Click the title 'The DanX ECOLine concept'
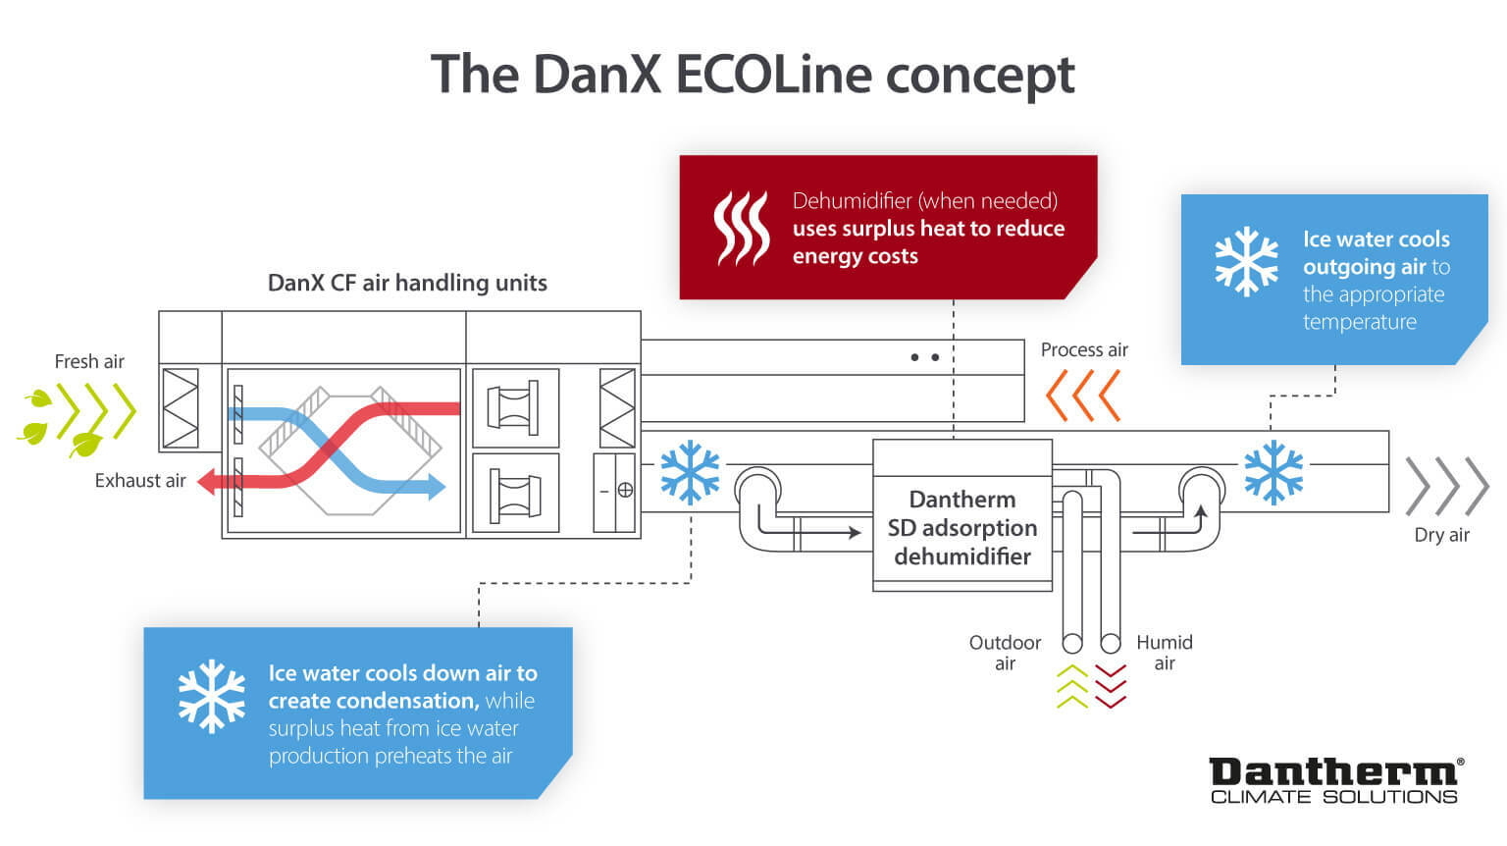tap(753, 75)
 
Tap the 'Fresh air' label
tap(89, 361)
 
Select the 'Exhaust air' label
tap(140, 481)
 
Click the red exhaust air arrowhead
tap(207, 482)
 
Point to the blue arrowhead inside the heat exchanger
tap(436, 485)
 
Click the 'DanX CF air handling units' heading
tap(407, 284)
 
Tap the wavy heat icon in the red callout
tap(741, 228)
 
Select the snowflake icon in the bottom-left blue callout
tap(211, 696)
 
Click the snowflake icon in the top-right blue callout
tap(1246, 262)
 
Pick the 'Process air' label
tap(1084, 350)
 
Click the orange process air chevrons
tap(1083, 396)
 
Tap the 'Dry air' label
tap(1441, 535)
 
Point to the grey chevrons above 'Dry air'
tap(1447, 486)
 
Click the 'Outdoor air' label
tap(1005, 653)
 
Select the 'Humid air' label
tap(1165, 653)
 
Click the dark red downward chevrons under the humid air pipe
tap(1111, 686)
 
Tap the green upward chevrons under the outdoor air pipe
tap(1072, 686)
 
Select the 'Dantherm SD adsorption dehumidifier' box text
tap(962, 528)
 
